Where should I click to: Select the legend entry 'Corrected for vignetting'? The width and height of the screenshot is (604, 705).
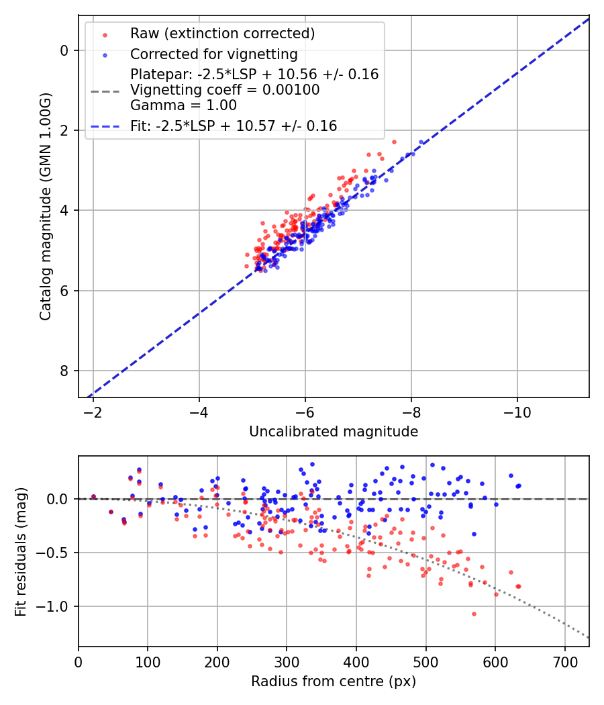click(213, 54)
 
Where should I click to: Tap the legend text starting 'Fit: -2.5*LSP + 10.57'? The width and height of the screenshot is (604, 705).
click(234, 126)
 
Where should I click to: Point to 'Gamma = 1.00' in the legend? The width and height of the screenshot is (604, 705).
click(183, 105)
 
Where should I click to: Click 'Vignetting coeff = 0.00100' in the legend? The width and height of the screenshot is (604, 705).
click(225, 90)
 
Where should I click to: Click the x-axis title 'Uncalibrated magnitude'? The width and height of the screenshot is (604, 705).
click(334, 432)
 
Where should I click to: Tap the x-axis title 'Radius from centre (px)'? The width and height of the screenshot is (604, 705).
click(334, 681)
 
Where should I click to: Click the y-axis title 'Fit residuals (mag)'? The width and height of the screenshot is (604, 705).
click(21, 552)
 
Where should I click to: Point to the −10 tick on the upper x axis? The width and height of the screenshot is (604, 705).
click(517, 410)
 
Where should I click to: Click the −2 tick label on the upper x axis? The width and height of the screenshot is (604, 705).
click(93, 410)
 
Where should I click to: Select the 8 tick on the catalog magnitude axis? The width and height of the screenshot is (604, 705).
click(65, 371)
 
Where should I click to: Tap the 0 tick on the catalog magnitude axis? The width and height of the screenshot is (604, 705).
click(65, 50)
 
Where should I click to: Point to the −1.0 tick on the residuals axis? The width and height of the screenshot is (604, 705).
click(56, 606)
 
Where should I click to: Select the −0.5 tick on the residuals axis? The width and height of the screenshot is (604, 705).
click(56, 553)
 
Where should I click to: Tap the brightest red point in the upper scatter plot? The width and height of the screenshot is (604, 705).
click(394, 142)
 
